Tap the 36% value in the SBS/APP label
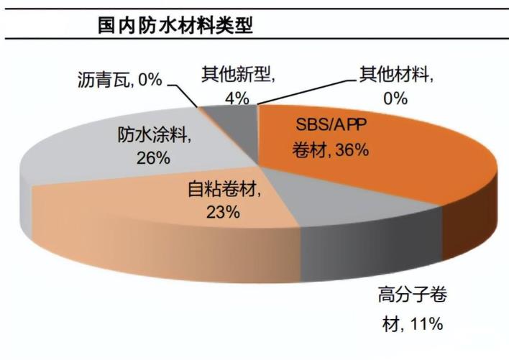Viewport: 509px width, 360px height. click(x=353, y=150)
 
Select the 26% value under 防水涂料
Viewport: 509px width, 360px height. click(x=152, y=158)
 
